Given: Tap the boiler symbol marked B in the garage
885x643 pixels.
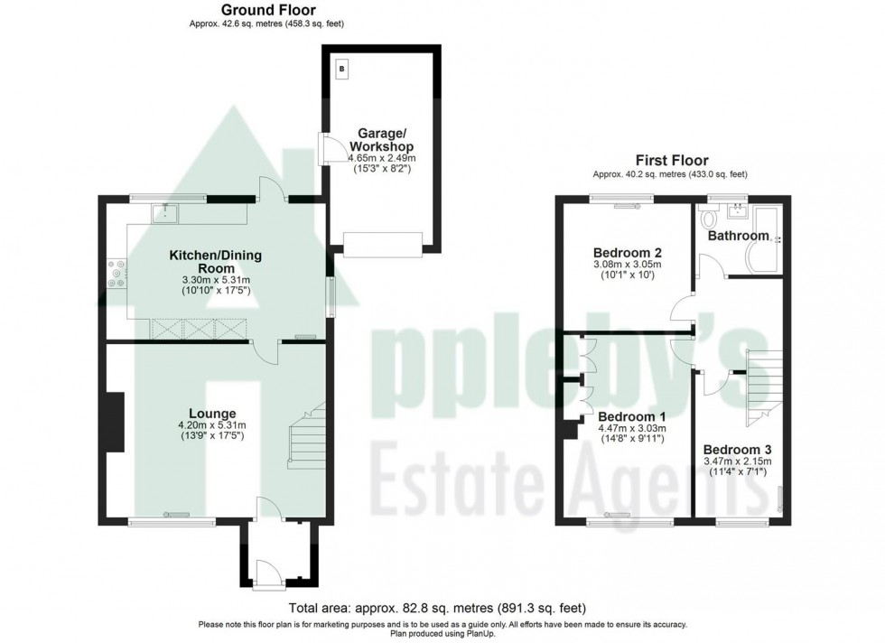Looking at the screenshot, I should (x=341, y=69).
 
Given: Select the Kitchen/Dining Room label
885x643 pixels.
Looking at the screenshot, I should (x=216, y=262).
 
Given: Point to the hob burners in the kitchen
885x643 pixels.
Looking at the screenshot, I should (x=116, y=273).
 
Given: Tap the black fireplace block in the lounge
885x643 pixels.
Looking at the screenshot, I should (x=114, y=421).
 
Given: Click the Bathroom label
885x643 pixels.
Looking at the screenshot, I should (x=738, y=236).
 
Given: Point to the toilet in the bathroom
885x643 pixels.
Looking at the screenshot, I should (x=710, y=219).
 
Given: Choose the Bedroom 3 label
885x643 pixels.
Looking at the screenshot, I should (x=737, y=449).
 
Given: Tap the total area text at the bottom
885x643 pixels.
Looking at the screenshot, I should (x=442, y=608).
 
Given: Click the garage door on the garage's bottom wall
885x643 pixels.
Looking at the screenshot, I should (x=383, y=242).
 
